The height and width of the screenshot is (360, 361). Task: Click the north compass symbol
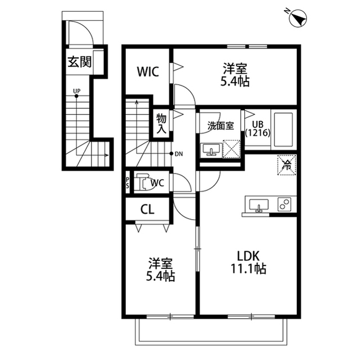[x=298, y=19]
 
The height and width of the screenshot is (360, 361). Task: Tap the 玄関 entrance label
[x=80, y=62]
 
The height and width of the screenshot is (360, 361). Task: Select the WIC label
[x=148, y=72]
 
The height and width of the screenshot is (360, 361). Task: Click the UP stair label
[x=77, y=91]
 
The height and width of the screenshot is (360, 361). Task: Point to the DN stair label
[x=179, y=154]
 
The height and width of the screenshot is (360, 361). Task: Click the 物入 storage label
[x=161, y=123]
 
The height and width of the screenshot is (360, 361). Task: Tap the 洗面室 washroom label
[x=221, y=126]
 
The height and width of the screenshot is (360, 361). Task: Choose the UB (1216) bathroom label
[x=258, y=128]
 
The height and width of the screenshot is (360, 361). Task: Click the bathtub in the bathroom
[x=283, y=130]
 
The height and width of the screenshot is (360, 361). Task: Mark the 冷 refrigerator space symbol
[x=287, y=165]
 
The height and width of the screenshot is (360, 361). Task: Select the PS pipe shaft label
[x=127, y=183]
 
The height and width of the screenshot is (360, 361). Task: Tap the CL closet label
[x=147, y=210]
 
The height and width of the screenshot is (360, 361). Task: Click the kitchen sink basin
[x=259, y=205]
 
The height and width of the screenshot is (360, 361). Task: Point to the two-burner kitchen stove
[x=284, y=204]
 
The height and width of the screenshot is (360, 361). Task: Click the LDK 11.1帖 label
[x=248, y=262]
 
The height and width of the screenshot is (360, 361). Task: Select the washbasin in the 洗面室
[x=211, y=150]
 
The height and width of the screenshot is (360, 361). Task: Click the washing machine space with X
[x=232, y=149]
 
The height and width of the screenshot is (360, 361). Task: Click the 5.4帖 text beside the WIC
[x=235, y=81]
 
